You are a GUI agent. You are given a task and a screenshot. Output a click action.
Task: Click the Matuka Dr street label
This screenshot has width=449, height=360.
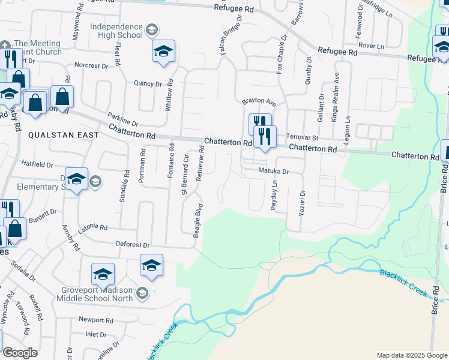click(274, 172)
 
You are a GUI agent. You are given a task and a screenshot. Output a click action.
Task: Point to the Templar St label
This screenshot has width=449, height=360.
click(300, 137)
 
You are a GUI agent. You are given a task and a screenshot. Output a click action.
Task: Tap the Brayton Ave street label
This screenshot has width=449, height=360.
click(258, 103)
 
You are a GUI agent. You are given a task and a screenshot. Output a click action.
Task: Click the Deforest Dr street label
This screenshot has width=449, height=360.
click(133, 245)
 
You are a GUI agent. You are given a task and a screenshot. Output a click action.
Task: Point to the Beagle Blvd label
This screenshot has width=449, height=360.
click(196, 223)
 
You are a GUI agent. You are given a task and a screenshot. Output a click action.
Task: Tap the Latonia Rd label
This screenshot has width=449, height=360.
click(92, 228)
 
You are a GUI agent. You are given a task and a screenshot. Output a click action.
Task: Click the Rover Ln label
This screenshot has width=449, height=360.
click(370, 46)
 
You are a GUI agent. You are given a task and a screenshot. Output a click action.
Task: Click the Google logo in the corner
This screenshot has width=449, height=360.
click(20, 353)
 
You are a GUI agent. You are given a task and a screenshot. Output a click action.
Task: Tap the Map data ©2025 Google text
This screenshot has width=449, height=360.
click(411, 355)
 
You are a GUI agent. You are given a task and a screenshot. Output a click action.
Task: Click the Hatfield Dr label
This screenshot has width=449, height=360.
click(38, 164)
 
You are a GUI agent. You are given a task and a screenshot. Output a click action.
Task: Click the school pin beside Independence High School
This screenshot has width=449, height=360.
click(163, 52)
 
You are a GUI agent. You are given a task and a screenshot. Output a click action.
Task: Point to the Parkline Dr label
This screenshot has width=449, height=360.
click(123, 119)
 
